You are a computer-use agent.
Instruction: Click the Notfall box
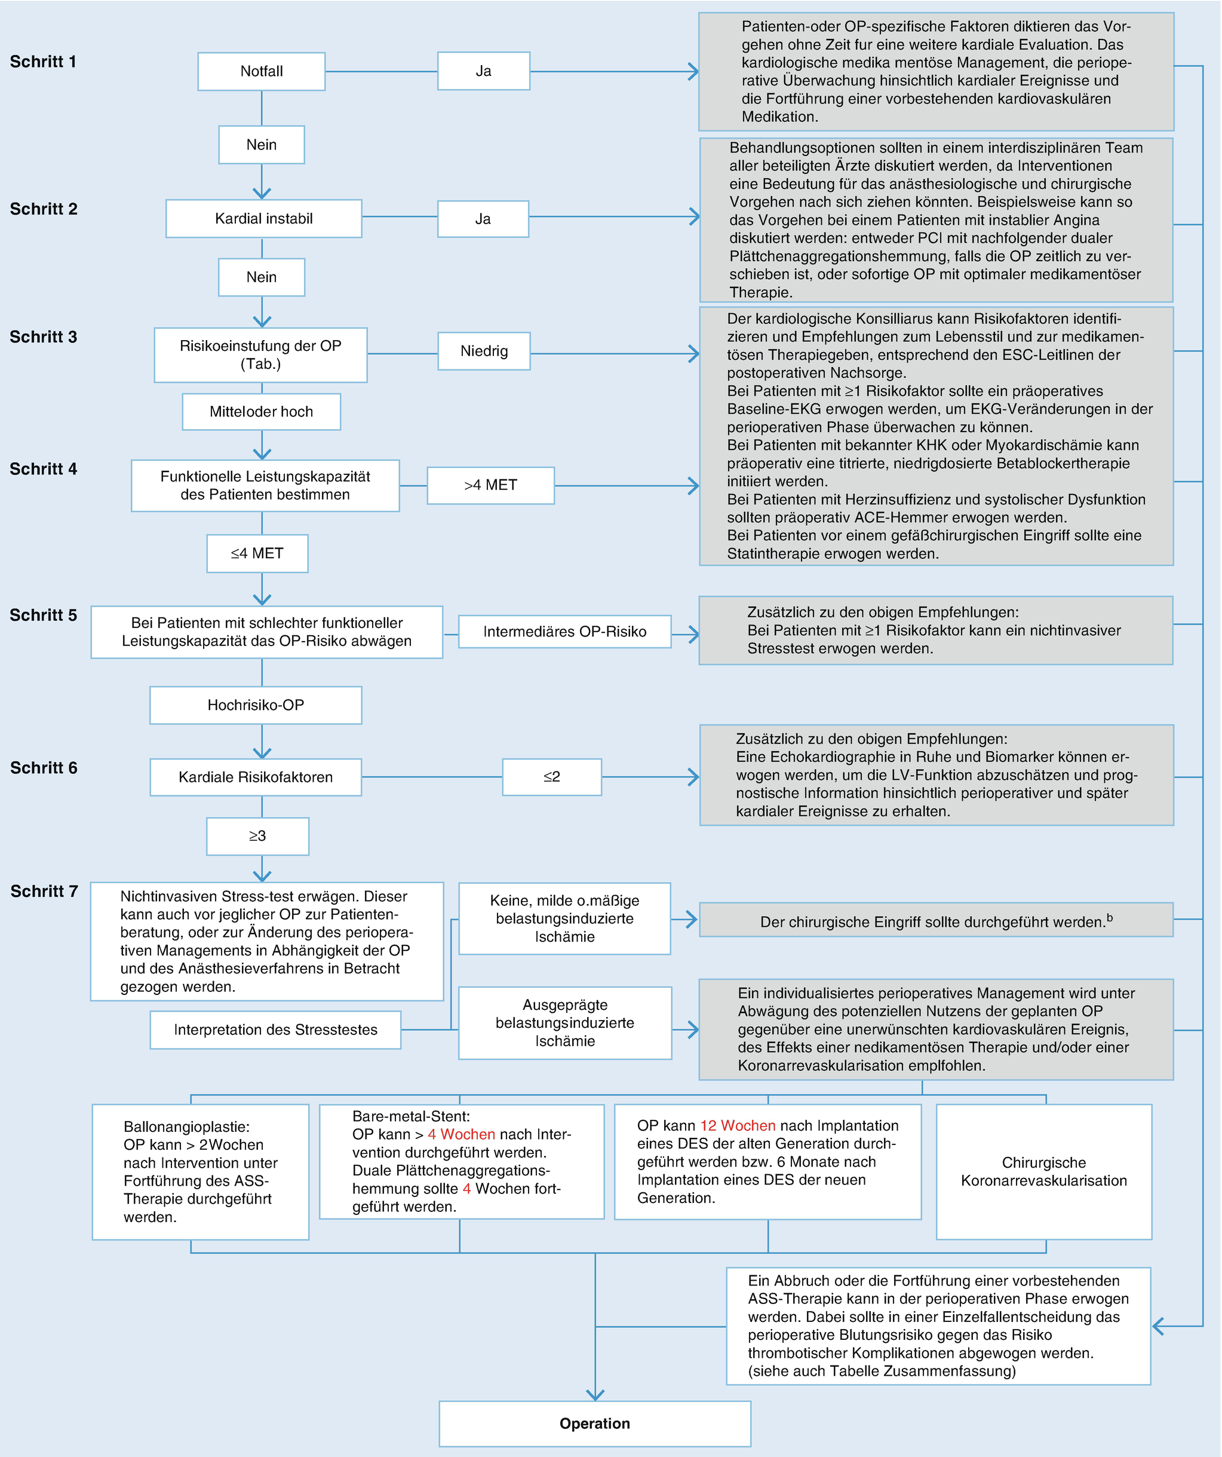[262, 72]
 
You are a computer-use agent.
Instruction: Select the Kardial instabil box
[263, 219]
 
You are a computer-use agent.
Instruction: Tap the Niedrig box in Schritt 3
[484, 351]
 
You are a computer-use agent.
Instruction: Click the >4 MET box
[490, 485]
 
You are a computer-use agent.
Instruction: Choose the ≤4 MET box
[257, 553]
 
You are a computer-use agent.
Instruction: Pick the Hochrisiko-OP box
[255, 705]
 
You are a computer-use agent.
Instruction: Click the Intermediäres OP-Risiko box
[564, 631]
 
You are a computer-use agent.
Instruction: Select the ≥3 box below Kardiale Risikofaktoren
[257, 836]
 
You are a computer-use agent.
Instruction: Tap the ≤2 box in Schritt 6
[551, 776]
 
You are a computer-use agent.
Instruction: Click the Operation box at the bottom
[594, 1423]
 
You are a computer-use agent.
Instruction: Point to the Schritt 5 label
[43, 616]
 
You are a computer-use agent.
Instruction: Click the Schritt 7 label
[44, 891]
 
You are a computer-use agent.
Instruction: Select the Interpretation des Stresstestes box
[275, 1030]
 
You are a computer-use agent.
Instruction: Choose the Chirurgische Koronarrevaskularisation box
[1044, 1171]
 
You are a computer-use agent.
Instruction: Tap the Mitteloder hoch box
[262, 411]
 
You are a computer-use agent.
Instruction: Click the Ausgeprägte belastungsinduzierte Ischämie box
[564, 1023]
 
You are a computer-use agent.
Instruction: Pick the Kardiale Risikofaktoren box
[255, 777]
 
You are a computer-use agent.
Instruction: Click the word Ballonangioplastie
[186, 1127]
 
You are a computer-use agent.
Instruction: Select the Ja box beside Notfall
[483, 71]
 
